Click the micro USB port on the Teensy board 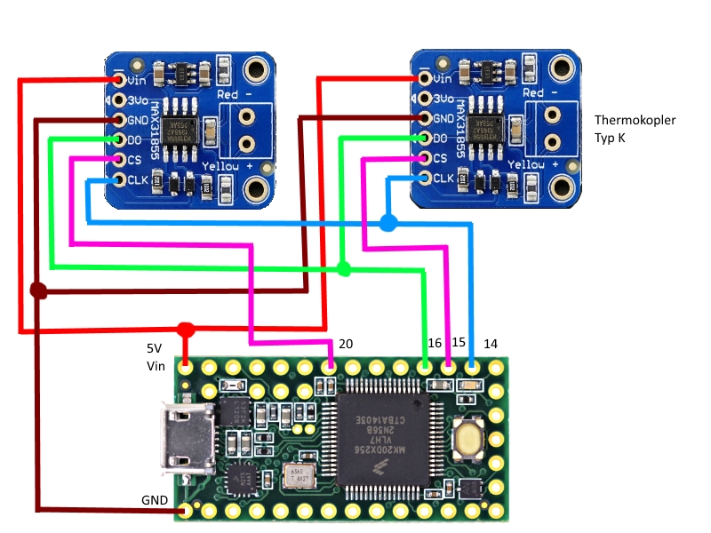(181, 435)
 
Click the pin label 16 (435, 343)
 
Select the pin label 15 (459, 343)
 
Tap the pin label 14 (491, 343)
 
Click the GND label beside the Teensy (155, 500)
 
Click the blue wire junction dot (387, 222)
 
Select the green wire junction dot (344, 267)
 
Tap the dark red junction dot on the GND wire (37, 290)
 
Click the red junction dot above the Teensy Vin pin (186, 330)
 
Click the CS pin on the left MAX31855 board (119, 160)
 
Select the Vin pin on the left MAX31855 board (119, 79)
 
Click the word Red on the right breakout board (532, 93)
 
